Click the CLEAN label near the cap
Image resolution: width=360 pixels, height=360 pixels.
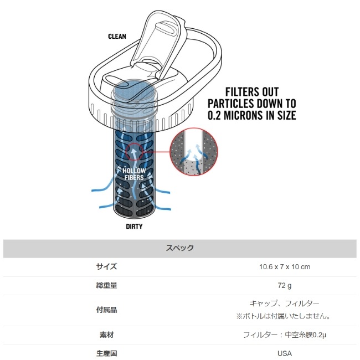click(x=117, y=36)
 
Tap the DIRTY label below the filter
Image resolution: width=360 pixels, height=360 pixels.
click(x=134, y=227)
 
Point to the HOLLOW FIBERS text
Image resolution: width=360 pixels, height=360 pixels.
click(x=134, y=174)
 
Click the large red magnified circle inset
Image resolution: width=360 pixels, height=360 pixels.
click(x=193, y=152)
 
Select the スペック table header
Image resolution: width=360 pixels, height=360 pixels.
click(x=180, y=248)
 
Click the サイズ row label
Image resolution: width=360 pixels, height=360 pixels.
click(x=106, y=267)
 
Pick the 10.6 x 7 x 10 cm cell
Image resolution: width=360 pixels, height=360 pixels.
click(x=285, y=267)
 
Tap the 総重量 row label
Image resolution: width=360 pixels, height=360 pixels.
click(x=106, y=285)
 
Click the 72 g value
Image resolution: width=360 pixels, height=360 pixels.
click(x=285, y=286)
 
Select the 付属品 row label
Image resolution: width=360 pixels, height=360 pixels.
click(x=106, y=310)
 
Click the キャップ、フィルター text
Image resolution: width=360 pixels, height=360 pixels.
click(x=285, y=304)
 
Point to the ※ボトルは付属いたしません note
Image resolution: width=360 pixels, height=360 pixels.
click(x=284, y=316)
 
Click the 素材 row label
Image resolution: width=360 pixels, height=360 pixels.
click(x=106, y=335)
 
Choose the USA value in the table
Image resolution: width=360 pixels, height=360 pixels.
click(x=285, y=353)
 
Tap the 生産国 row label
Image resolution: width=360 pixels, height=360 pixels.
click(x=106, y=353)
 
